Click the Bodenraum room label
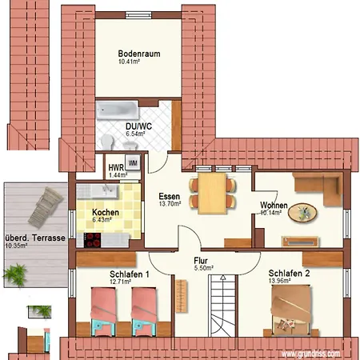point(139,54)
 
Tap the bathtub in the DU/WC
point(118,110)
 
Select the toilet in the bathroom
point(107,142)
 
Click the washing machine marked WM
point(133,162)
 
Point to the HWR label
point(116,168)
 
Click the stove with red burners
point(92,240)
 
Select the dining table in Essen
point(212,194)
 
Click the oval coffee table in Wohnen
point(302,213)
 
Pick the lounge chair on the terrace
point(46,207)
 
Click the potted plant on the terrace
point(15,274)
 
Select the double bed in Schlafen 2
point(290,310)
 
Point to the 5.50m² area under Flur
point(203,268)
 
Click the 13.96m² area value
point(279,281)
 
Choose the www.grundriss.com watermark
point(311,354)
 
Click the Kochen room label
point(106,213)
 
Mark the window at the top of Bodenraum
point(138,15)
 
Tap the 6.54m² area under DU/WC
point(135,134)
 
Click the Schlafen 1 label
point(130,274)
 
